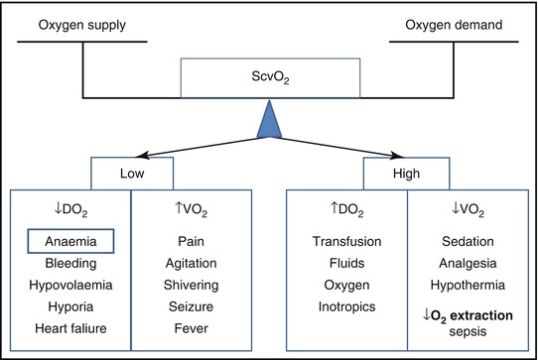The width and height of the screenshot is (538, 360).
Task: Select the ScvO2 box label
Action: coord(269,74)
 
